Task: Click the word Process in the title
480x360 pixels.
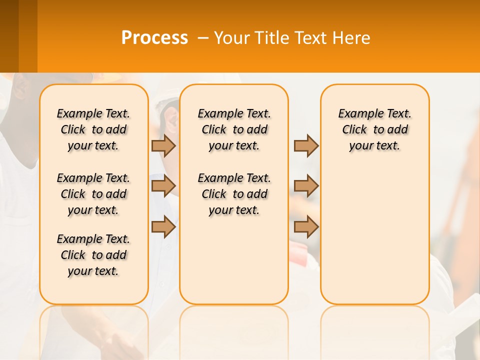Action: (154, 38)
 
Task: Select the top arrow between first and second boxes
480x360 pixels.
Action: (163, 145)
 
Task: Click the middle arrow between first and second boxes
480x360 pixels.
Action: (163, 186)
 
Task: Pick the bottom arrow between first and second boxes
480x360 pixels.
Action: (163, 227)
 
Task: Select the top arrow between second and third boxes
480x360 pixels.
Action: (306, 145)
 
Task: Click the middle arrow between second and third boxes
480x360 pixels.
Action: (306, 186)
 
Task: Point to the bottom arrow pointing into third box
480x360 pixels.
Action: (306, 227)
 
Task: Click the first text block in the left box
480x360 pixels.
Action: (93, 129)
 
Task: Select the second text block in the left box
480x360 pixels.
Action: (93, 194)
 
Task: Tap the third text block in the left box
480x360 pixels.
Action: (93, 255)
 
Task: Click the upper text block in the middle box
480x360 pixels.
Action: (234, 129)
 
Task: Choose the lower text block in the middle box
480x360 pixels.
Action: (234, 194)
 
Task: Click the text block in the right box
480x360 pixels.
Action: (375, 129)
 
